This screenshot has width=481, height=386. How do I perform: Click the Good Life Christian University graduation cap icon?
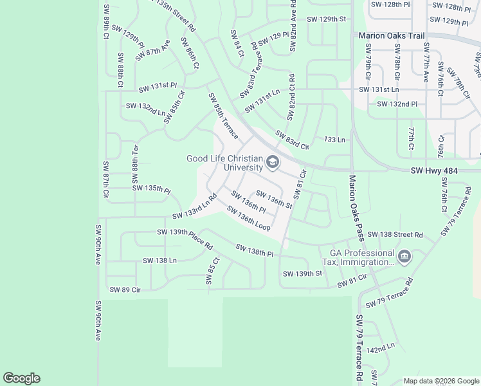click(x=273, y=163)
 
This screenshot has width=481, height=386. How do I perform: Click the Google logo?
click(x=21, y=378)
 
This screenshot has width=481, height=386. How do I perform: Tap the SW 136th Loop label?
click(x=248, y=218)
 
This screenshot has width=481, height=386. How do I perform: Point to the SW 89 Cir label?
click(x=125, y=290)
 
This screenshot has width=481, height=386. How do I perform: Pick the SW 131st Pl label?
click(x=154, y=86)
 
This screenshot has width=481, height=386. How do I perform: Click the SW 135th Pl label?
click(x=151, y=189)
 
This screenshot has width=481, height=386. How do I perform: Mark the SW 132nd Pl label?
click(x=397, y=104)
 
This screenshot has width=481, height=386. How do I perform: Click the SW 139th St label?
click(x=302, y=274)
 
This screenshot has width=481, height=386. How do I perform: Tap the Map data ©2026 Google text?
click(x=440, y=381)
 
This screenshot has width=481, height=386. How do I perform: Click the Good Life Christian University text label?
click(x=224, y=163)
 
